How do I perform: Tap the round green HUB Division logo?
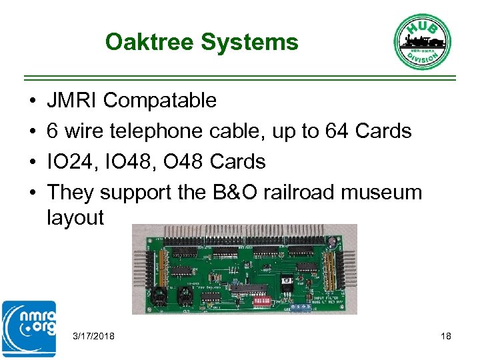tap(423, 41)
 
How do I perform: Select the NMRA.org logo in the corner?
tap(29, 329)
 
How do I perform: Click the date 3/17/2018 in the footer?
tap(93, 336)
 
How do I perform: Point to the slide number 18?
tap(446, 336)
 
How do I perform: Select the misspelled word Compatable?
tap(160, 101)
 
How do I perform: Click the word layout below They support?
tap(75, 217)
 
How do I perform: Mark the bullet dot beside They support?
tap(32, 193)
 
